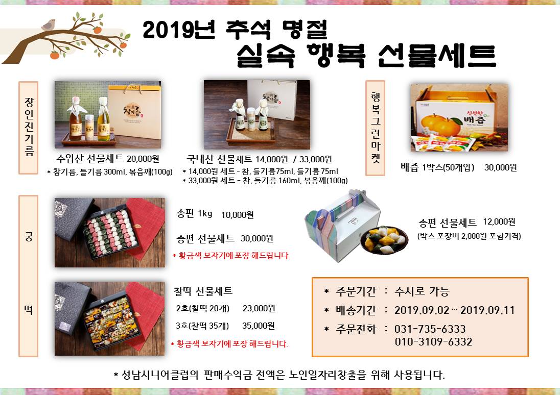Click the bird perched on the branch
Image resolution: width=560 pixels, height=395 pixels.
point(50,24)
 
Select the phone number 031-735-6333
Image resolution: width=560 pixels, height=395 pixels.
point(430,329)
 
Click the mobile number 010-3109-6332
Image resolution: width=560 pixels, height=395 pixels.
point(433,341)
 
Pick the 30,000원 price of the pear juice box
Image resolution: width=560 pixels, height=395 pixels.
point(500,167)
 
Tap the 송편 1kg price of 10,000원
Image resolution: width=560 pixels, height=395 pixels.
point(237,214)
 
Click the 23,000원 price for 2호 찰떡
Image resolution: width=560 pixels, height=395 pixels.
point(259,308)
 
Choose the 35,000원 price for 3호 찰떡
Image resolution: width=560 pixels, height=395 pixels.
point(259,326)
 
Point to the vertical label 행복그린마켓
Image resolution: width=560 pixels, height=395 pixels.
point(375,128)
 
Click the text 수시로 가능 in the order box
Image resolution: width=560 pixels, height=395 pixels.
point(422,292)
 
